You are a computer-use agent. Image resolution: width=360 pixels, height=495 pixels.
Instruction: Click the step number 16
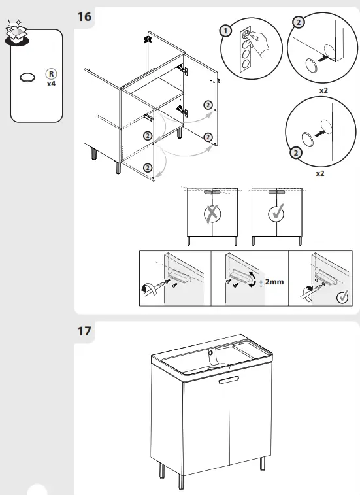pyautogui.click(x=84, y=16)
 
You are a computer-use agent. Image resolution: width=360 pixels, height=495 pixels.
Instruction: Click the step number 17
pyautogui.click(x=84, y=331)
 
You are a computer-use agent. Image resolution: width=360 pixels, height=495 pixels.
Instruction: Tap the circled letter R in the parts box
pyautogui.click(x=50, y=75)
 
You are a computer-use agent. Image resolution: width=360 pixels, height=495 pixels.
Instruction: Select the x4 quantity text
pyautogui.click(x=50, y=84)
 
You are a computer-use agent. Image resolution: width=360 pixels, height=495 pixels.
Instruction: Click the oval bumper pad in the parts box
pyautogui.click(x=27, y=77)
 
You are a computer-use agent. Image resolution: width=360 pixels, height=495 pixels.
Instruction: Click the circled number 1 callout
pyautogui.click(x=225, y=31)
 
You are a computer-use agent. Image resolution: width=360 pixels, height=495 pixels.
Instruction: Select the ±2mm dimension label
pyautogui.click(x=270, y=282)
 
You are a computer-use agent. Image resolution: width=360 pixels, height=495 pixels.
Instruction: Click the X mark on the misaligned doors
pyautogui.click(x=212, y=214)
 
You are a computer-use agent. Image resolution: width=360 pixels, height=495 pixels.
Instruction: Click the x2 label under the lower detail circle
pyautogui.click(x=319, y=174)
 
